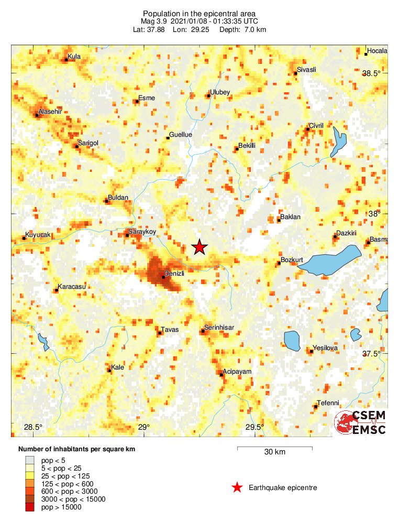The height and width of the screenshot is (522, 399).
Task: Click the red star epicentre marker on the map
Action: (198, 247)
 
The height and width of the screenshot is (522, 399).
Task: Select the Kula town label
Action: (75, 56)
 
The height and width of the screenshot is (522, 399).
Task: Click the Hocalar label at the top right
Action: (377, 51)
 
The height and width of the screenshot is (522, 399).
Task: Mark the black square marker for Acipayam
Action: (221, 374)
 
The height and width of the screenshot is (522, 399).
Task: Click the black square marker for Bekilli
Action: (237, 149)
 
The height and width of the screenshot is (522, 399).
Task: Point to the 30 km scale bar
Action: (275, 448)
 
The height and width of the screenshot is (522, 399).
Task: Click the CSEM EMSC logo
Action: (361, 422)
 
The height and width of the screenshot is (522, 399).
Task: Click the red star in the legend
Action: (237, 488)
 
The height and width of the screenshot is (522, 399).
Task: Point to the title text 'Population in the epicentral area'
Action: (199, 13)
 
